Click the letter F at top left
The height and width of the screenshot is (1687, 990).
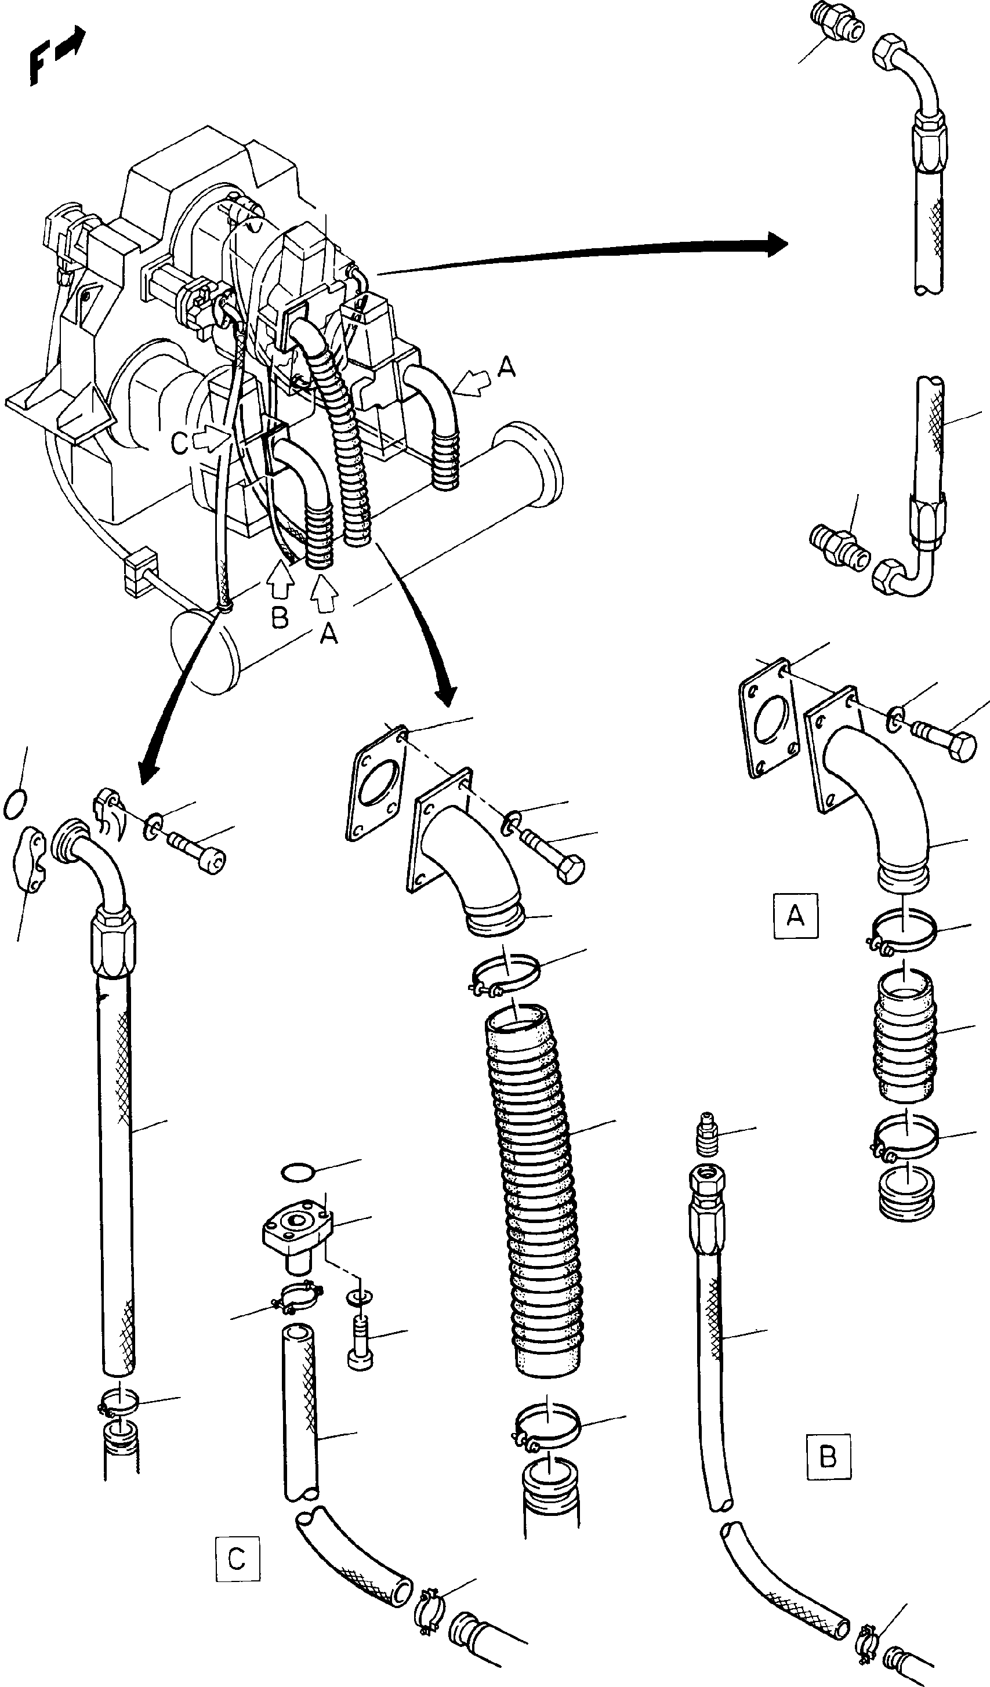pyautogui.click(x=38, y=67)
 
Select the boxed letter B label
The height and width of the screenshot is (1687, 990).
pyautogui.click(x=828, y=1456)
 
